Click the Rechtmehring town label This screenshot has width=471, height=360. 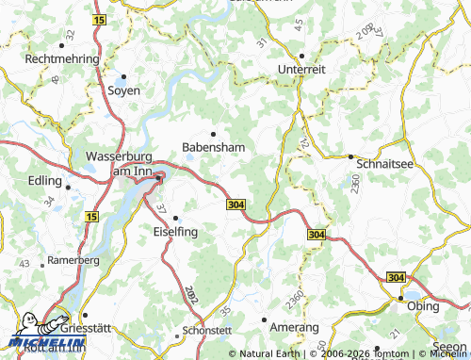tap(62, 58)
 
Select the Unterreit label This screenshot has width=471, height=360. tap(302, 70)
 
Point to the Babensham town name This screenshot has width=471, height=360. tap(214, 148)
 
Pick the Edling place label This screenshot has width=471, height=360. tap(45, 181)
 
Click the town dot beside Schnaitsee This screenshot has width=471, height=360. tap(350, 156)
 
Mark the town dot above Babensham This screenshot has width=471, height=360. tap(214, 134)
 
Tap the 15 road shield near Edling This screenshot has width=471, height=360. tap(89, 217)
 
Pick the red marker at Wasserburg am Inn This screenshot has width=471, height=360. tap(159, 177)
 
